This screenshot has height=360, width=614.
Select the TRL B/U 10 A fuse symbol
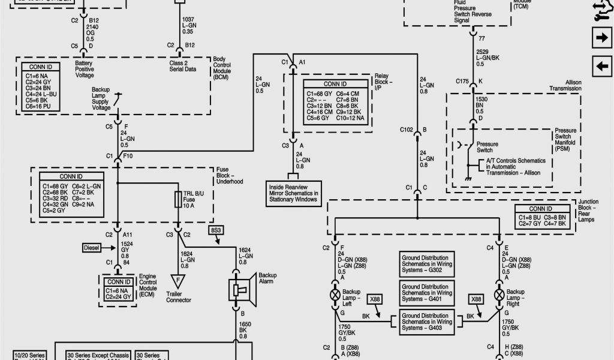click(178, 200)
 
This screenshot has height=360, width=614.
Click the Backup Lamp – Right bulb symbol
click(498, 295)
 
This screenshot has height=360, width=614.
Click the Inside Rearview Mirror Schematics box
click(293, 192)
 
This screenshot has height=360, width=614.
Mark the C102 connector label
click(407, 129)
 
